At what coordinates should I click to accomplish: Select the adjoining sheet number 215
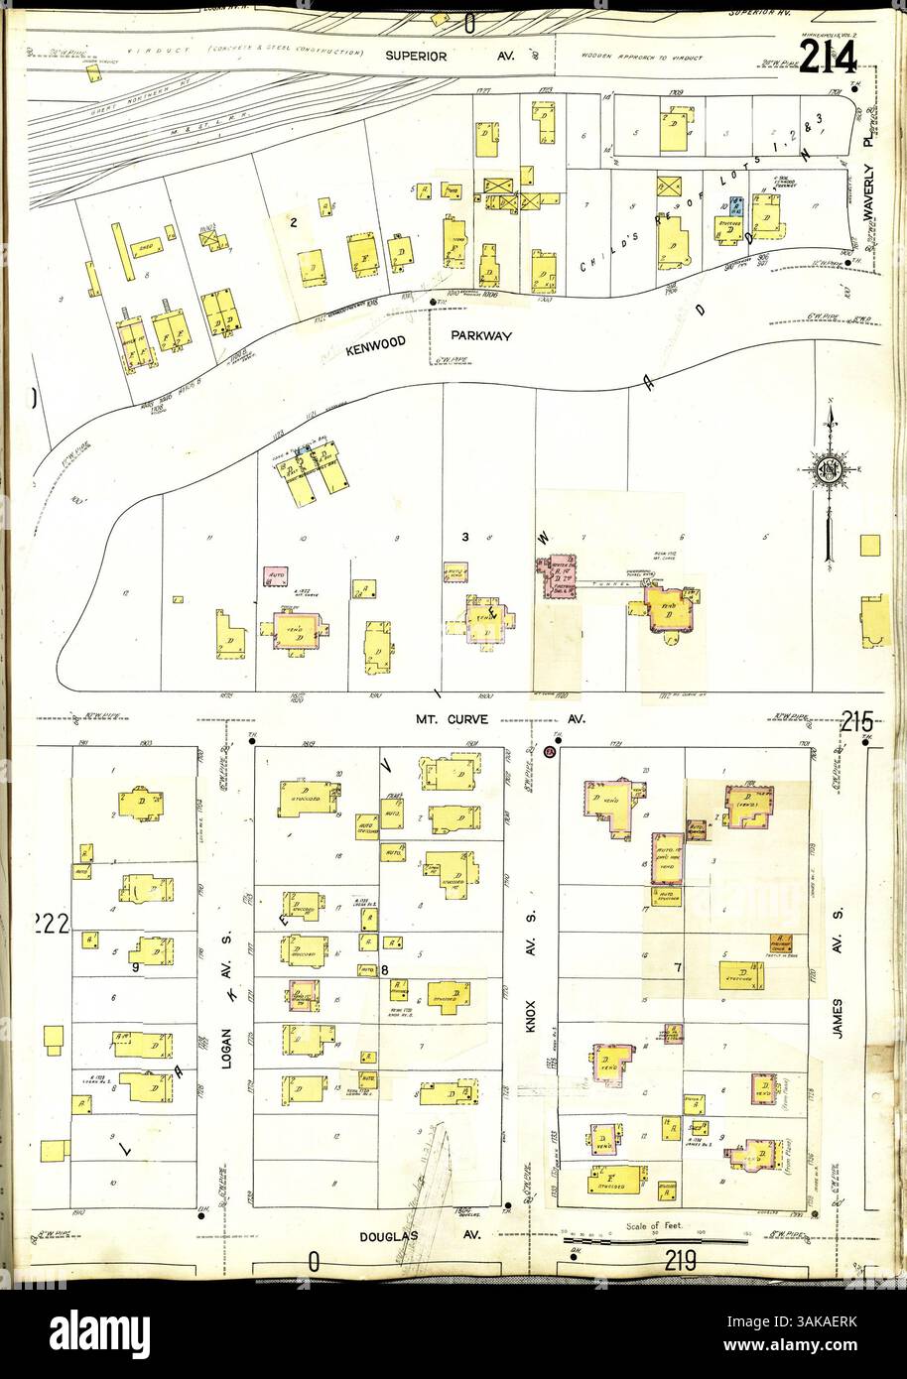[855, 723]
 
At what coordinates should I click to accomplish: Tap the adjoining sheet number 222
[50, 926]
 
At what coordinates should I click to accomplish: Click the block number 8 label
[384, 969]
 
